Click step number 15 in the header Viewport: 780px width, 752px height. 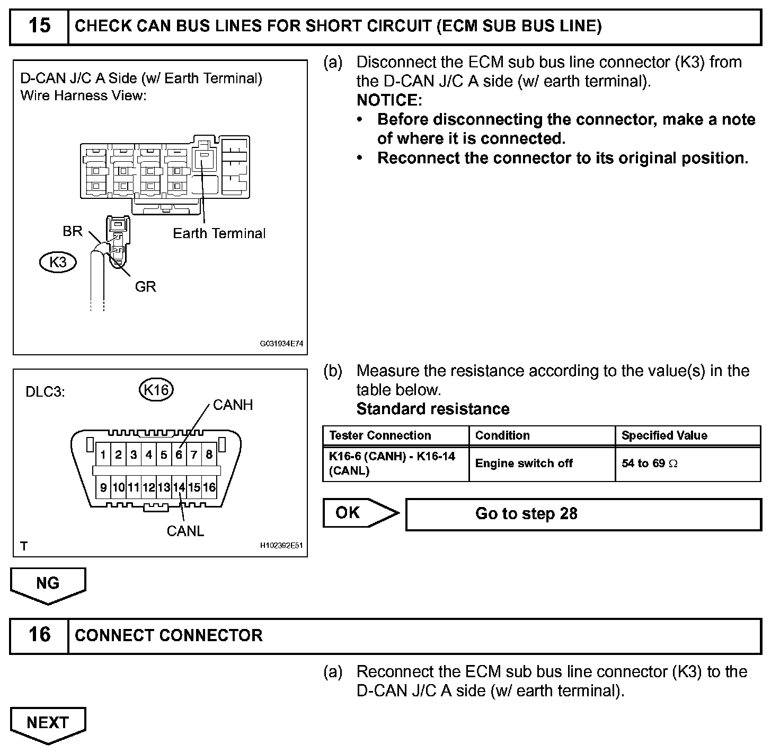pyautogui.click(x=39, y=26)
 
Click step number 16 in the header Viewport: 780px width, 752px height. pyautogui.click(x=39, y=635)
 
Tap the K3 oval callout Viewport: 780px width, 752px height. pyautogui.click(x=58, y=262)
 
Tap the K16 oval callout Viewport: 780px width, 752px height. pyautogui.click(x=156, y=390)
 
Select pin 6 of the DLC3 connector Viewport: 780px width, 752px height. pyautogui.click(x=179, y=454)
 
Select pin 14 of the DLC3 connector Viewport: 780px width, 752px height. pyautogui.click(x=179, y=487)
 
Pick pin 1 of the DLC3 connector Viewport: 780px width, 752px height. pyautogui.click(x=103, y=454)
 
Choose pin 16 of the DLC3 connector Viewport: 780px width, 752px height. pyautogui.click(x=209, y=487)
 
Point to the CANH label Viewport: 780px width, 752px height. pyautogui.click(x=233, y=405)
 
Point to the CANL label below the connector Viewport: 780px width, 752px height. pyautogui.click(x=185, y=531)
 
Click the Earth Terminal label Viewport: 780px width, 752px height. pyautogui.click(x=219, y=233)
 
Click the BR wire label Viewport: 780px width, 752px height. pyautogui.click(x=73, y=231)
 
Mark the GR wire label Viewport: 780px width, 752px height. pyautogui.click(x=145, y=287)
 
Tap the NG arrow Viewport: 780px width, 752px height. pyautogui.click(x=48, y=584)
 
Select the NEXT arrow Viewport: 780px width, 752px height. pyautogui.click(x=48, y=723)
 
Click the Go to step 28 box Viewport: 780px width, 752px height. pyautogui.click(x=583, y=514)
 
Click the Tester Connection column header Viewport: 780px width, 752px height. pyautogui.click(x=380, y=435)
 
